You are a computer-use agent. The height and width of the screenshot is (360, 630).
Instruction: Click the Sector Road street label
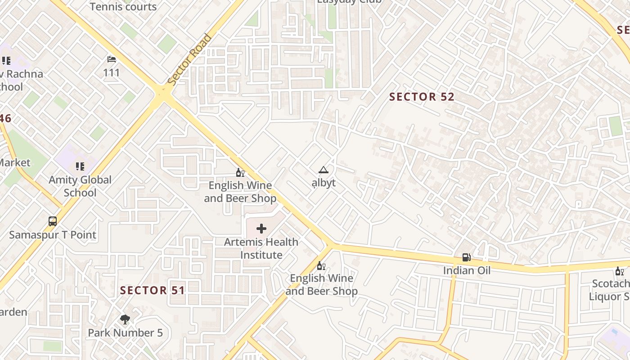point(189,59)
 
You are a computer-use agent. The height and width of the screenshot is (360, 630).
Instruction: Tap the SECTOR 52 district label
point(422,97)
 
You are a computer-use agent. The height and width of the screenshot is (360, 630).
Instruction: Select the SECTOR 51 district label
point(153,290)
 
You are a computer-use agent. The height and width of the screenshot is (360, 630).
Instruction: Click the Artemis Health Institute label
point(261,248)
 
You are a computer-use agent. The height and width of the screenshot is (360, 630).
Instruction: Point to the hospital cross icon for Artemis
point(261,229)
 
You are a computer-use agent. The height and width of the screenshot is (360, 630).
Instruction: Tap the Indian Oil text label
point(467,270)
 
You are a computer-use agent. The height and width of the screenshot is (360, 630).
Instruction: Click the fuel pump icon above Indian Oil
point(467,257)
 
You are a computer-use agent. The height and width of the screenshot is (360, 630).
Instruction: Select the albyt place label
point(324,183)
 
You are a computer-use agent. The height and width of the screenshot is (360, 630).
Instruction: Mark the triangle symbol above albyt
point(324,170)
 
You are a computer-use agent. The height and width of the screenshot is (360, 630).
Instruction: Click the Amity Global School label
point(80,186)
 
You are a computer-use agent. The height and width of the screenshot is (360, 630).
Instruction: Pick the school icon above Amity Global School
point(80,166)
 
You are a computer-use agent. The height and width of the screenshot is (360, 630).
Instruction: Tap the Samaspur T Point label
point(53,235)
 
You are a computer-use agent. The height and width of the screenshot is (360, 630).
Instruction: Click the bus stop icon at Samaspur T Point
point(53,221)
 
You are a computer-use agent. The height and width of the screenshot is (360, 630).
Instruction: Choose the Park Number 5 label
point(125,333)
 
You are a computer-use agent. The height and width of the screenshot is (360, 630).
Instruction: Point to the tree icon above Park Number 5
point(125,319)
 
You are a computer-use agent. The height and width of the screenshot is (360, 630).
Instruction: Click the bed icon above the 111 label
point(112,59)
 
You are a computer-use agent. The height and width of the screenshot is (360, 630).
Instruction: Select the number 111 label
point(112,73)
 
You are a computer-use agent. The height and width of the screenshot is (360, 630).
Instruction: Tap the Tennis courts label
point(123,7)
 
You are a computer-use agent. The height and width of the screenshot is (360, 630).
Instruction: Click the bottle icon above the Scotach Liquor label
point(620,271)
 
